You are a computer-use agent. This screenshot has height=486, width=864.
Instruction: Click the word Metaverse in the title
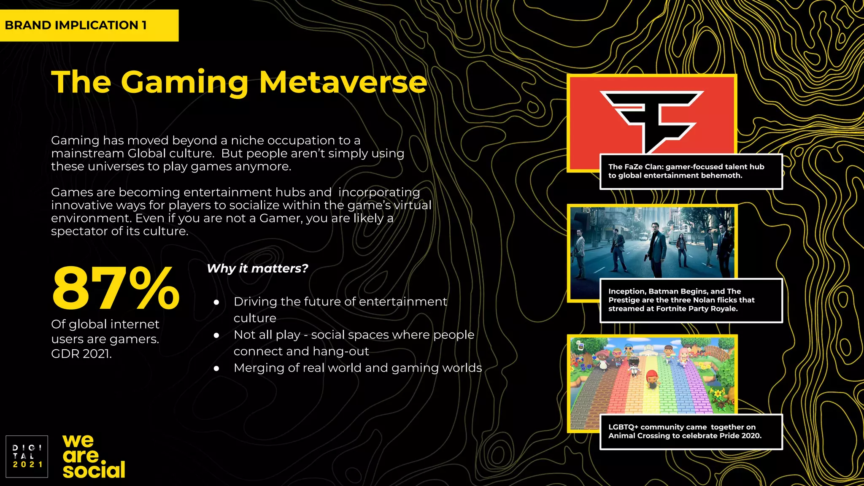(343, 82)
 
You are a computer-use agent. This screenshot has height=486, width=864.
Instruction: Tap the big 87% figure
(116, 288)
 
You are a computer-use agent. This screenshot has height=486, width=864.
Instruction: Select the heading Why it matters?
(257, 268)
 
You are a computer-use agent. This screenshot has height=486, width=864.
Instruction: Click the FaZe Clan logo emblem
(651, 121)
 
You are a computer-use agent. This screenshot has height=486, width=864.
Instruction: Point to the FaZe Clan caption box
(691, 171)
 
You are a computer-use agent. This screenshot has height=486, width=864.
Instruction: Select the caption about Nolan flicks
(691, 300)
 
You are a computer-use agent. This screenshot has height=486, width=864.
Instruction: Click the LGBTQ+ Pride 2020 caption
(691, 432)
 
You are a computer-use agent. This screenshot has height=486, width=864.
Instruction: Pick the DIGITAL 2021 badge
(27, 456)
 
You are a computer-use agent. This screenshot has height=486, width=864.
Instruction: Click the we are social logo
(94, 456)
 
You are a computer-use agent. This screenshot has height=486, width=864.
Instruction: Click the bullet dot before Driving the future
(216, 302)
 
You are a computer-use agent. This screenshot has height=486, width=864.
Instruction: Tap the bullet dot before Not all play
(216, 335)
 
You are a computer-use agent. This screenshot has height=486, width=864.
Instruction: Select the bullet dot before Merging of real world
(216, 369)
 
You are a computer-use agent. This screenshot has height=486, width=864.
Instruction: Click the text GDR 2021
(81, 354)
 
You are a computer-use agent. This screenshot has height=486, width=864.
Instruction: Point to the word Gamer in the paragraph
(280, 218)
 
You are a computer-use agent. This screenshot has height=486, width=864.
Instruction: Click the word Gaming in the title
(185, 83)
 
